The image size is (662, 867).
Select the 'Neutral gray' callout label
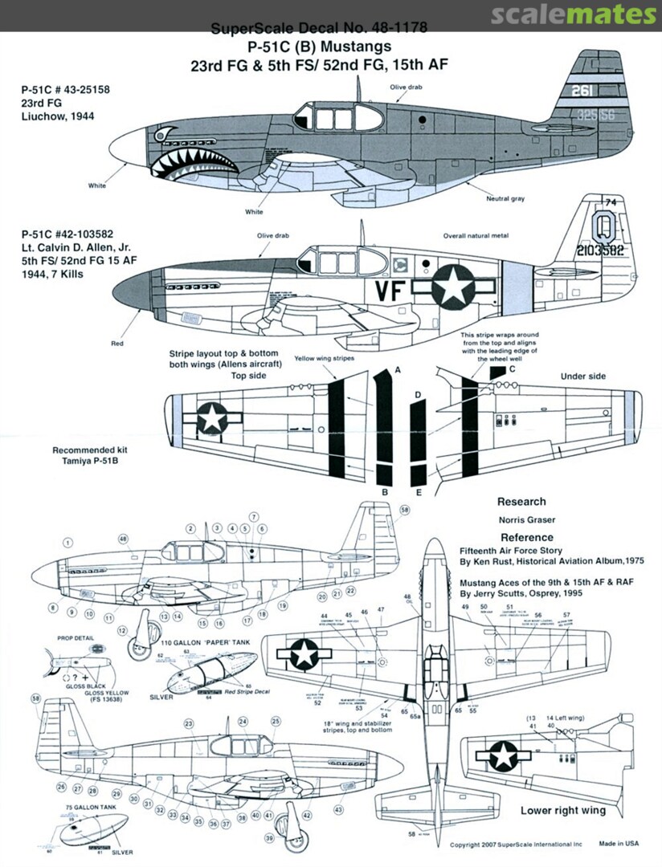[x=505, y=198]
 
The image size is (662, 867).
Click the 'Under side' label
[x=582, y=375]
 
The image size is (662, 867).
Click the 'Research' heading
[x=521, y=501]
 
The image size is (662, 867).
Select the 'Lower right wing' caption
[x=562, y=810]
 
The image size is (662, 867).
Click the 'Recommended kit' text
[x=90, y=450]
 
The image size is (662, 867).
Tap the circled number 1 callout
[x=67, y=543]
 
